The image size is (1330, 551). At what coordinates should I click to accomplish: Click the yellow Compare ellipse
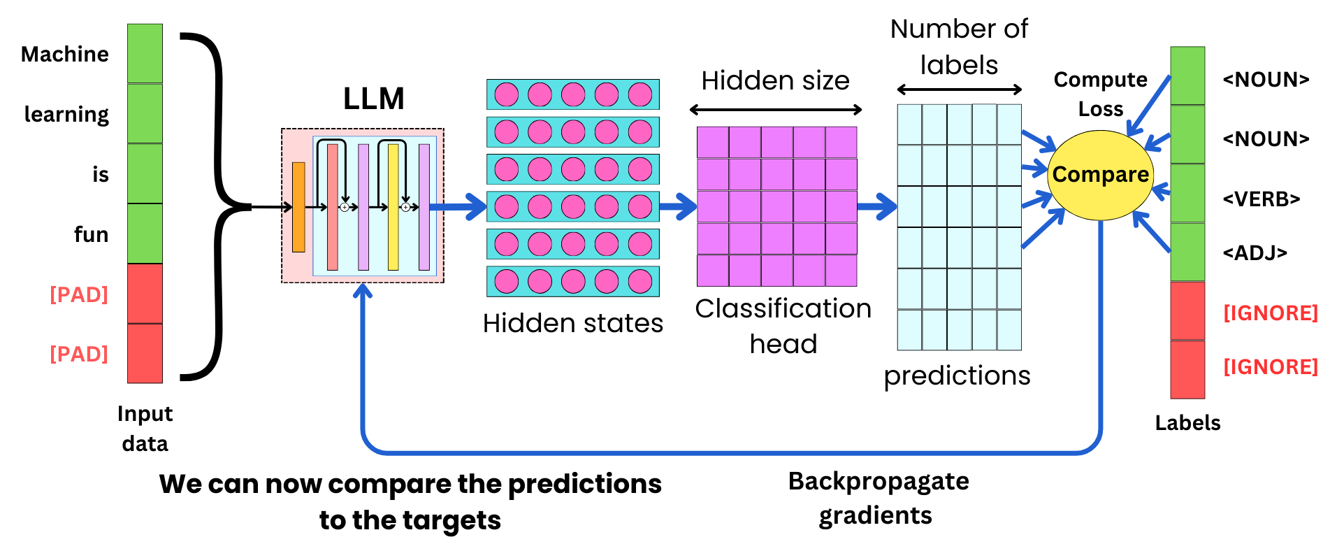[x=1099, y=175]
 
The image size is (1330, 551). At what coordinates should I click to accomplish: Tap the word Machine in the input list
[x=65, y=55]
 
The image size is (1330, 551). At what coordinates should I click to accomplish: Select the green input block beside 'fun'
[x=145, y=234]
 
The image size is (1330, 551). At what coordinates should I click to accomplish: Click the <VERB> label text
[x=1261, y=199]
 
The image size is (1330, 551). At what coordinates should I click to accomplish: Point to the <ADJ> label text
[x=1255, y=252]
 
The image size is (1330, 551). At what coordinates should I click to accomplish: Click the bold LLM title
[x=373, y=99]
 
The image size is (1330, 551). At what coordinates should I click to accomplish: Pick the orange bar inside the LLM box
[x=298, y=207]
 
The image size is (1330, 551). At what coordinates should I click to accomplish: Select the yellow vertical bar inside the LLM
[x=393, y=207]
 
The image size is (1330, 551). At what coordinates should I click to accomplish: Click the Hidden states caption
[x=572, y=323]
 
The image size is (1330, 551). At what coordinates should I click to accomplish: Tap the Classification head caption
[x=783, y=326]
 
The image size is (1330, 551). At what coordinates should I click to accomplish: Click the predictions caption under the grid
[x=957, y=375]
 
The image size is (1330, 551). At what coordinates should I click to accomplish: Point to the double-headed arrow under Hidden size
[x=775, y=110]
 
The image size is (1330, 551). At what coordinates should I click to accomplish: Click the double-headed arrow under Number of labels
[x=959, y=90]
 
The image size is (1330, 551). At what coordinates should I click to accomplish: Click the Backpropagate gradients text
[x=878, y=498]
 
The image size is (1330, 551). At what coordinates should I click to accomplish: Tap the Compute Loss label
[x=1100, y=94]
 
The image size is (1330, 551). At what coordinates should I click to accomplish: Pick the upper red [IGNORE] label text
[x=1270, y=313]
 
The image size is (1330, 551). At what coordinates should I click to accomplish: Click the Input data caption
[x=145, y=428]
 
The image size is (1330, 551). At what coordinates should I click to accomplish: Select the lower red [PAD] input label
[x=79, y=354]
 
